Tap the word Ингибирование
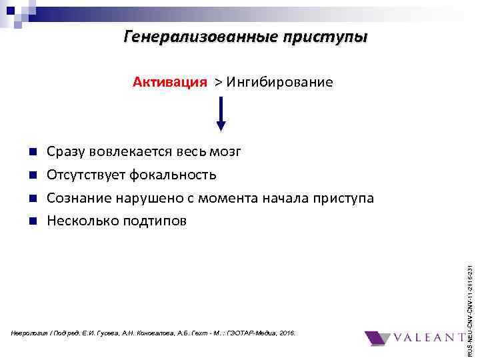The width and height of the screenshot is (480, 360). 279,82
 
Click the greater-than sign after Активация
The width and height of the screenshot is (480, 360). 218,83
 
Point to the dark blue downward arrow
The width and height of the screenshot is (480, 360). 221,114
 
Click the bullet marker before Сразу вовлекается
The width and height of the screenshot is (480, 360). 33,153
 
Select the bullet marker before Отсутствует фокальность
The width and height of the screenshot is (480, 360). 33,175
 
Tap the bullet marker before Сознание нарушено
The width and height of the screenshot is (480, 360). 33,199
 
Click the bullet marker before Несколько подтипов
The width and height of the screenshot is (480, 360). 33,221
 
